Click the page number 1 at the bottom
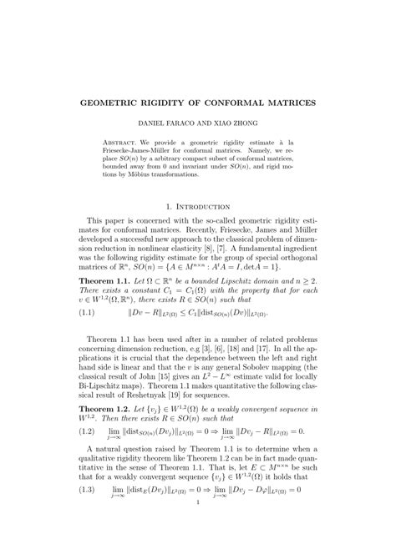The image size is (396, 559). [x=198, y=548]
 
